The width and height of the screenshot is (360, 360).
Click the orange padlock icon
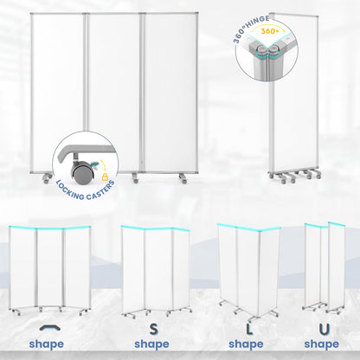tap(105, 177)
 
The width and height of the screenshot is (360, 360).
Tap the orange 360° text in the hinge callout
tap(270, 31)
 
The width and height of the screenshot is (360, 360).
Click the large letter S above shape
tap(154, 329)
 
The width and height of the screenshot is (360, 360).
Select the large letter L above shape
tap(249, 330)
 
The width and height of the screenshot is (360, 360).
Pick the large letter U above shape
tap(325, 330)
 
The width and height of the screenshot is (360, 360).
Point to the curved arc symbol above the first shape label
tap(50, 328)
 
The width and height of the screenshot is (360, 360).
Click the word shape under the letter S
tap(151, 344)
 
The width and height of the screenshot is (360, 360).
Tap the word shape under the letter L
tap(246, 344)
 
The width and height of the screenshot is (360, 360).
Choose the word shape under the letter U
tap(322, 344)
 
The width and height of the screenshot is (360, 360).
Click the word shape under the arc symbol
tap(47, 344)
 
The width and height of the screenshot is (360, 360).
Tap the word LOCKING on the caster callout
tap(70, 190)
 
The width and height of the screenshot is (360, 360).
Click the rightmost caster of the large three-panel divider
tap(183, 178)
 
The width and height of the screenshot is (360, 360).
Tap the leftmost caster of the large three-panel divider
tap(48, 178)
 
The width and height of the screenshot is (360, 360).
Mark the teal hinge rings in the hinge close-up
tap(266, 54)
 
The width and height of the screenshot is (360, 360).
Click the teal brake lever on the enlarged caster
tap(94, 165)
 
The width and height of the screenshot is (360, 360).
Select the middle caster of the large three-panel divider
tap(135, 178)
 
